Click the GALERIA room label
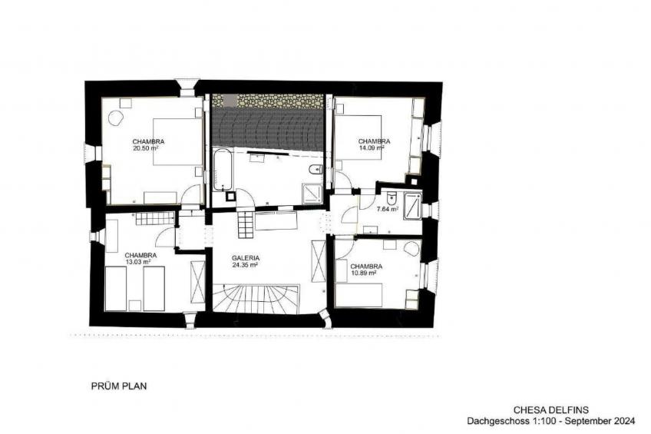coord(246,258)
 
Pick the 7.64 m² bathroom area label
coord(388,209)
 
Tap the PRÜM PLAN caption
coord(119,386)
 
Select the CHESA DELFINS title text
coord(551,410)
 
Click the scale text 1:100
coord(542,421)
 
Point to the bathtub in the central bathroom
coord(222,169)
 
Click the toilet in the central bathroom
coord(316,170)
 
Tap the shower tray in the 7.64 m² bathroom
coord(413,205)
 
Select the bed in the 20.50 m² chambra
coord(178,141)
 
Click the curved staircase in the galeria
coord(256,299)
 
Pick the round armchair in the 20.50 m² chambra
coord(116,118)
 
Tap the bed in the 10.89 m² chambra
coord(359,295)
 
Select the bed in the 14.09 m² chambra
coord(358,137)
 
